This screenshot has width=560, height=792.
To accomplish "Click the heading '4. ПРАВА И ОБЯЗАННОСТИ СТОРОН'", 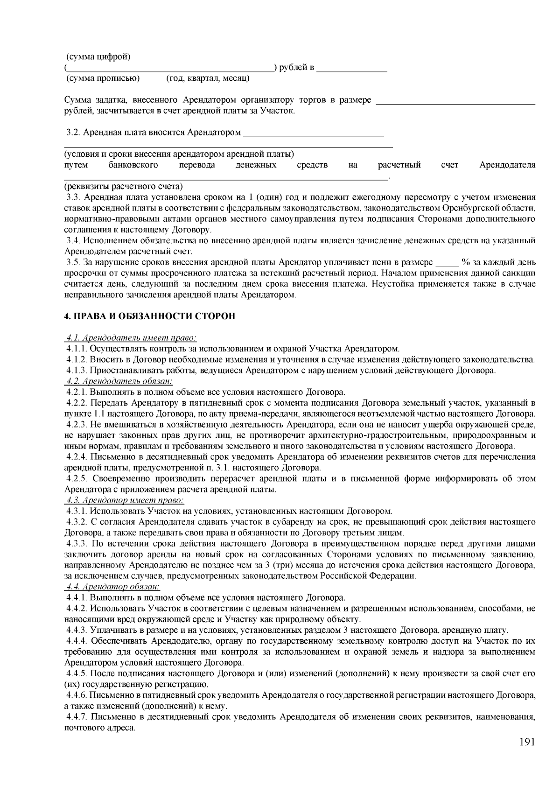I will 150,316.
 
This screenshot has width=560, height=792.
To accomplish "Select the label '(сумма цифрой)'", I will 98,57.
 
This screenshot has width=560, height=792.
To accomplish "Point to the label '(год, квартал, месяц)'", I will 208,78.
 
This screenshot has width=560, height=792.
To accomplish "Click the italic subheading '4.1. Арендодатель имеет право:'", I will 131,338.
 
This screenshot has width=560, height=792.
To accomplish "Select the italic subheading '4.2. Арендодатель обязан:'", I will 119,381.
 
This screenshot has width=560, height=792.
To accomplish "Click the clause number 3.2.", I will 74,133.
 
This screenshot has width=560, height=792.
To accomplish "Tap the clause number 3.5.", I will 74,262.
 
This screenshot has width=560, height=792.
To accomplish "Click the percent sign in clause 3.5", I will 464,262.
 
